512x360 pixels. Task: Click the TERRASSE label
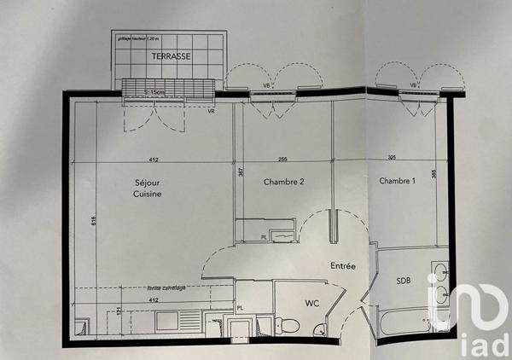172,55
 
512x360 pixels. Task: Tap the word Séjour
148,182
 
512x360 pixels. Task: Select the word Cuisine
148,195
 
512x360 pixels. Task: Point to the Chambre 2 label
284,182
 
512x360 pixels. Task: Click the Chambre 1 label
399,181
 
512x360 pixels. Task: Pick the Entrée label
343,266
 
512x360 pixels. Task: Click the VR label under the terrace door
210,111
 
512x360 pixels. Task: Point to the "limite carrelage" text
166,288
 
